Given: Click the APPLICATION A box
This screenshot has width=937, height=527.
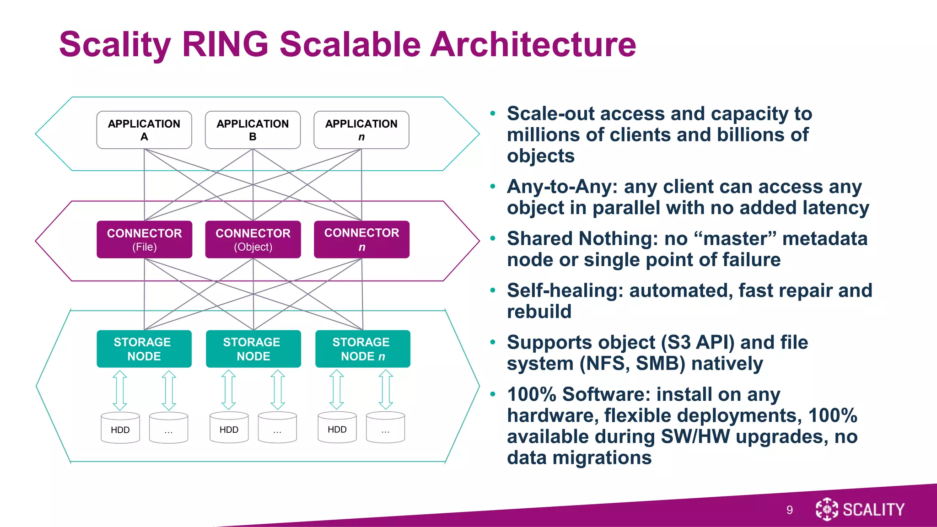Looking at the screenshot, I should (144, 130).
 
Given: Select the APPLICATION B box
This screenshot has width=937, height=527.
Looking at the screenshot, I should (253, 130).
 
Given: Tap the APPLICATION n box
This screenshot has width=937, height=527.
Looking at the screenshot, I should (361, 130).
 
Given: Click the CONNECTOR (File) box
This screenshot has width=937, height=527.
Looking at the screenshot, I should (144, 240).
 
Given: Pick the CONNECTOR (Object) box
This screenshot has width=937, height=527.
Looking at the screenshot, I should (253, 240).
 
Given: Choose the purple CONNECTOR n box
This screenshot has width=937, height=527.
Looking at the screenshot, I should (361, 240).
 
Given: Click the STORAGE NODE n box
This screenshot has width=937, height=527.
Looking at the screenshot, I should (362, 349).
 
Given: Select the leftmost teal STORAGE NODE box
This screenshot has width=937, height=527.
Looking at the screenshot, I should (144, 349).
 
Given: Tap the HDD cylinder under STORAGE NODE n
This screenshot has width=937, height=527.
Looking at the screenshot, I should (337, 428).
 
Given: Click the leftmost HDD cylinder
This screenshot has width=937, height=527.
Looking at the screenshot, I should (120, 429).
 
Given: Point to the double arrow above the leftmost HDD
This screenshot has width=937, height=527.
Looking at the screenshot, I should (120, 390).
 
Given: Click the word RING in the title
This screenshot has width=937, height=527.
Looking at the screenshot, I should (225, 44).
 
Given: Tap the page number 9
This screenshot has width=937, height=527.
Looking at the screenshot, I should (789, 510).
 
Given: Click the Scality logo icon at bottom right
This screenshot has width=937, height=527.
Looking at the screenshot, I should (827, 509).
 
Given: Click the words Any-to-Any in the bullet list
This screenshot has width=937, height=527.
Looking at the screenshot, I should (562, 187).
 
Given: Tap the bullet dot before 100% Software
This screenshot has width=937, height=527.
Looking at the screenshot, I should (493, 394).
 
